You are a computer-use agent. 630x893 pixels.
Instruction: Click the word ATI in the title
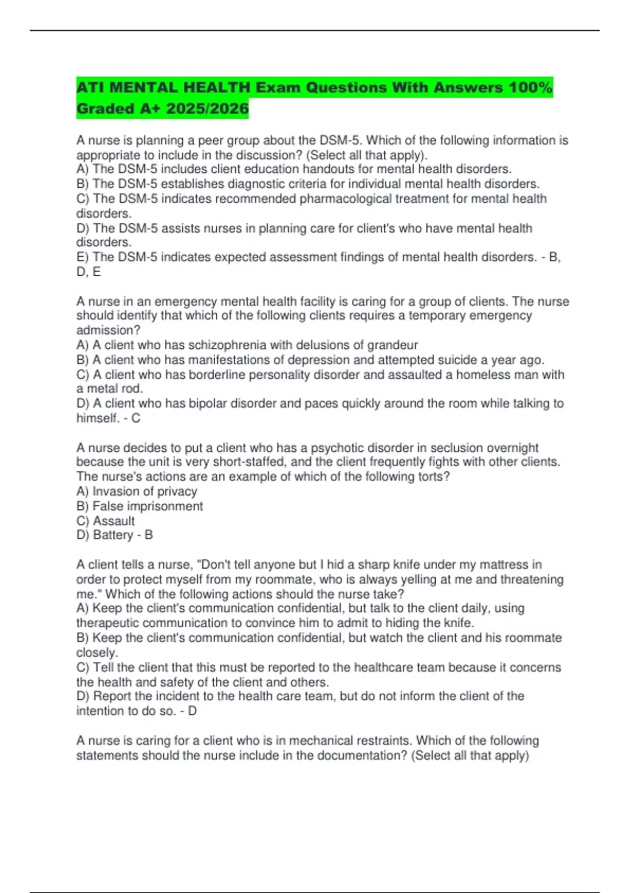pyautogui.click(x=90, y=87)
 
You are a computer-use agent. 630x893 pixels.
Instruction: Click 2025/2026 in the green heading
pyautogui.click(x=207, y=109)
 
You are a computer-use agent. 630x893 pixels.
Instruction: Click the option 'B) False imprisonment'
pyautogui.click(x=140, y=506)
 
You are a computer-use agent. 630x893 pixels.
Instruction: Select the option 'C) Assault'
pyautogui.click(x=106, y=521)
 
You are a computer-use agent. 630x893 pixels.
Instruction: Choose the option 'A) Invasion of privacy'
pyautogui.click(x=136, y=491)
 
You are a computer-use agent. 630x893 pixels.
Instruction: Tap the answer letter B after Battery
pyautogui.click(x=149, y=535)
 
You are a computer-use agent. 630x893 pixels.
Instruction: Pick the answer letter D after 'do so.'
pyautogui.click(x=192, y=711)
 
